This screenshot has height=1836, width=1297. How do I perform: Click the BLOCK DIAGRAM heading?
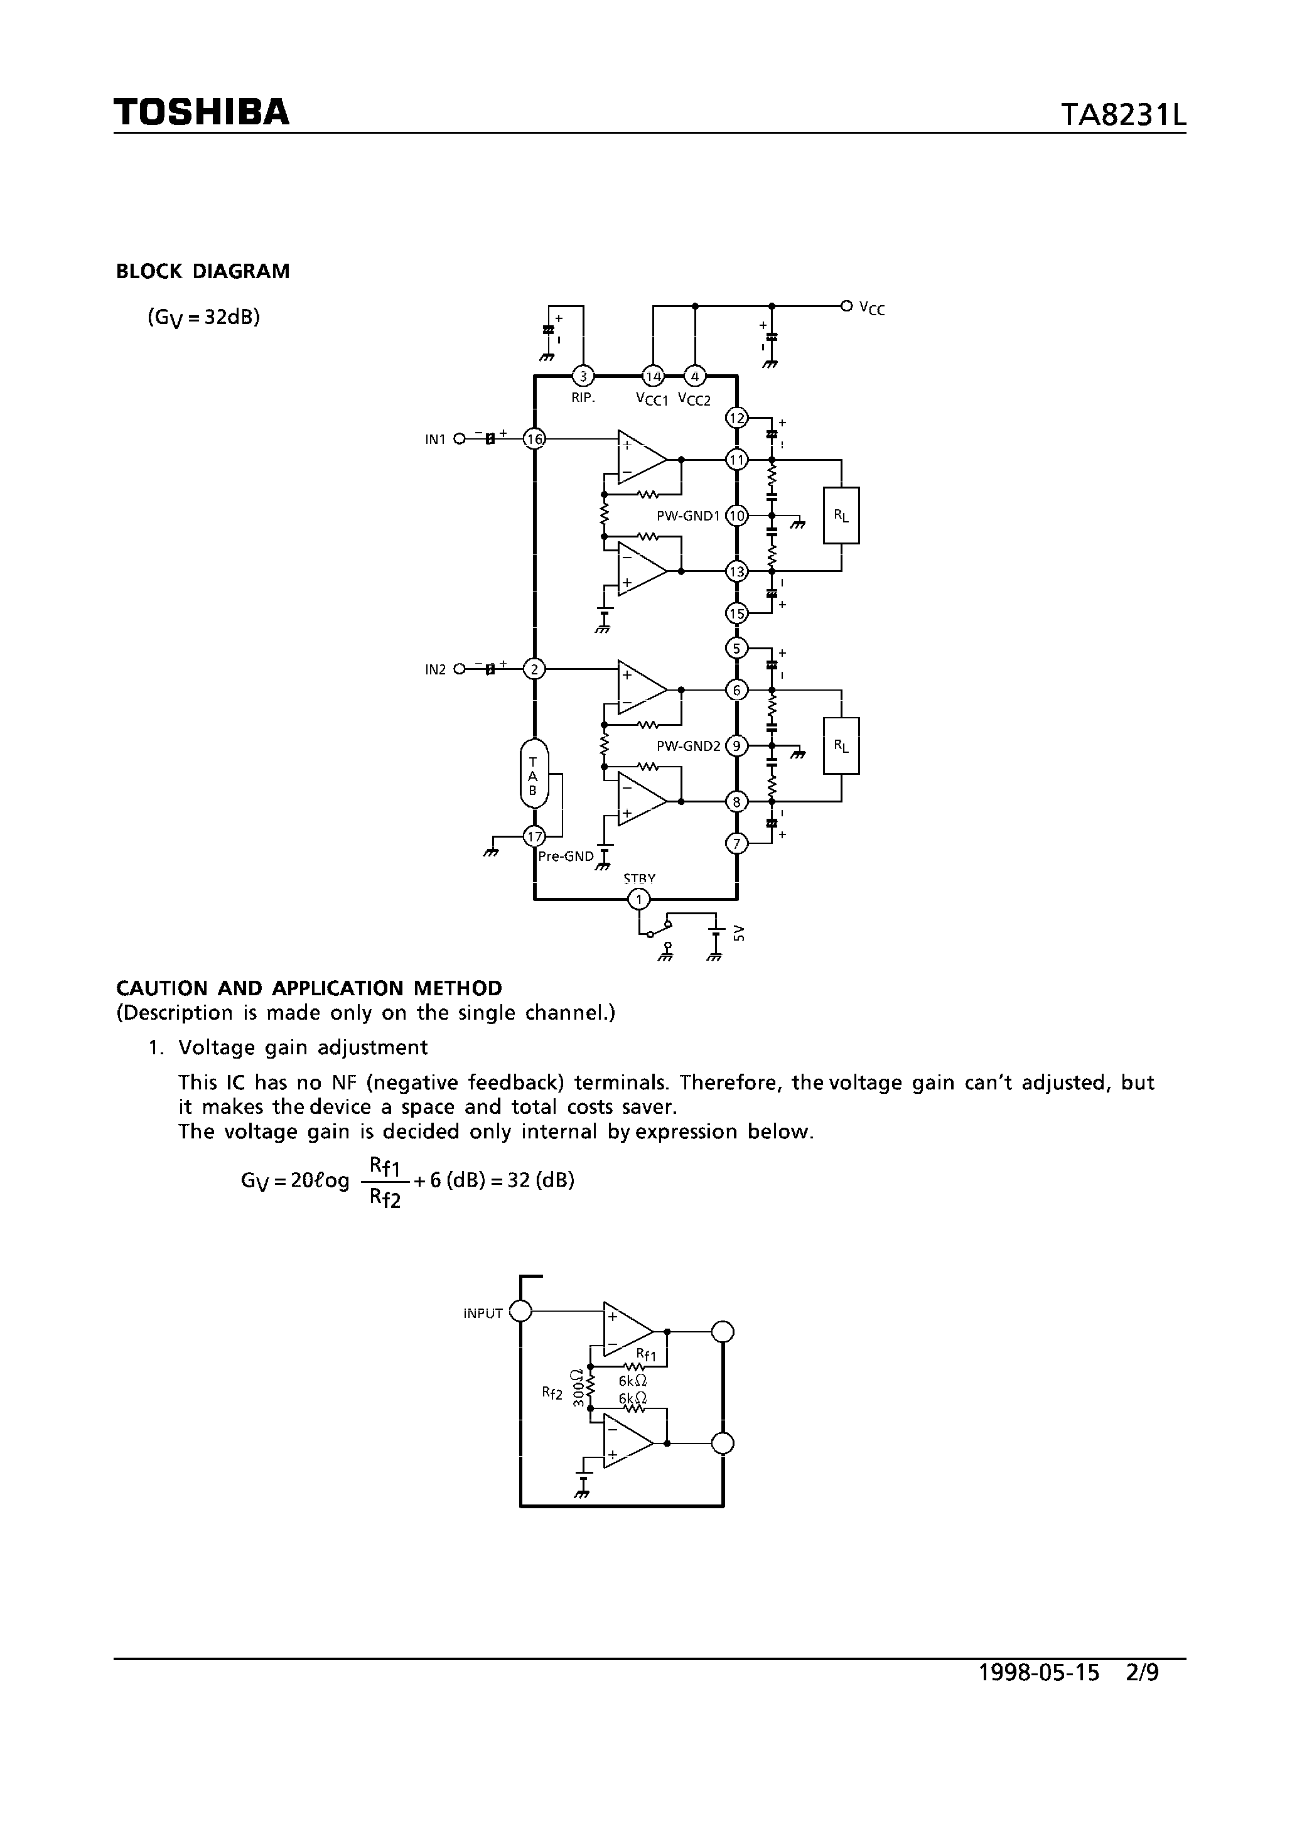tap(203, 272)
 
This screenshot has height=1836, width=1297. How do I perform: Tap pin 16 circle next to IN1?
tap(534, 438)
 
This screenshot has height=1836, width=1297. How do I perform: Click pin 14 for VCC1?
tap(654, 376)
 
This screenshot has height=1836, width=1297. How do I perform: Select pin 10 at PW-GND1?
tap(736, 516)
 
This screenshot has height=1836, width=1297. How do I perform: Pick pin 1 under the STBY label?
tap(638, 900)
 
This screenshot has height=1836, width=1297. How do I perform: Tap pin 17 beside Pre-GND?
tap(534, 837)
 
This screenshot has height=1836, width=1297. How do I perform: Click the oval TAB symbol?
tap(534, 772)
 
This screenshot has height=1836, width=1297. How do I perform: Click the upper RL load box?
tap(841, 516)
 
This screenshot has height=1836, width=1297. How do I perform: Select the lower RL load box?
tap(841, 746)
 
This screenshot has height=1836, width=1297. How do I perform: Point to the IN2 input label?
tap(435, 670)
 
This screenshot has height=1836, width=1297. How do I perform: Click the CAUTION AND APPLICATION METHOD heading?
tap(309, 988)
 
